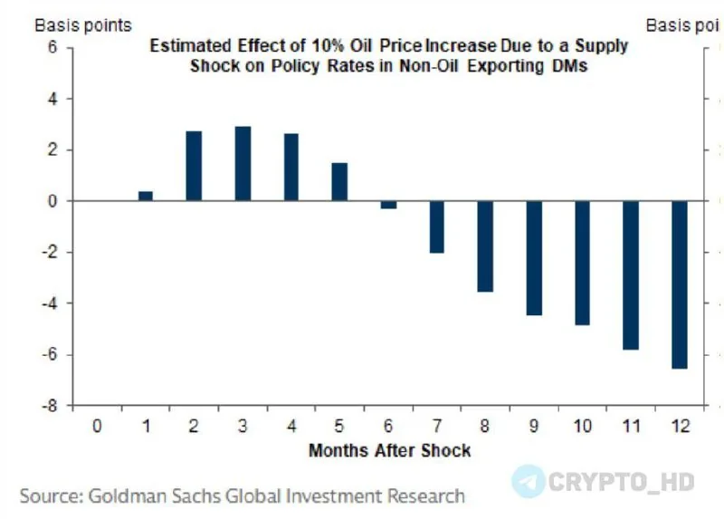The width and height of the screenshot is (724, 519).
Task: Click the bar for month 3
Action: [243, 164]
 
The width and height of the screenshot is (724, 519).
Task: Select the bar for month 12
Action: [679, 284]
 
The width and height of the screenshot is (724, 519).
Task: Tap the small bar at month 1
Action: [146, 196]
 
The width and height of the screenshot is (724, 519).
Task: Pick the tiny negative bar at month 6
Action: [388, 205]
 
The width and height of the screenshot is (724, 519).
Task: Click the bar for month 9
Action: [534, 257]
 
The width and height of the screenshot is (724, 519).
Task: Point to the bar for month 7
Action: [437, 226]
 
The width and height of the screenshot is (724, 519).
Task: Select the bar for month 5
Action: [339, 182]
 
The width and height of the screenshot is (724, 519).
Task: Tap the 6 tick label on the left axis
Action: [53, 47]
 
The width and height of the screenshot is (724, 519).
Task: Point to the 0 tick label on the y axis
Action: [53, 201]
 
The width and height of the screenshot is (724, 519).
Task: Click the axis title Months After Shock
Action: [389, 449]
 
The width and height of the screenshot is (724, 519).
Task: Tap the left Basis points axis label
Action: [83, 25]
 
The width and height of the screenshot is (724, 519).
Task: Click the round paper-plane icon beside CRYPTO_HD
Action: [529, 481]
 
